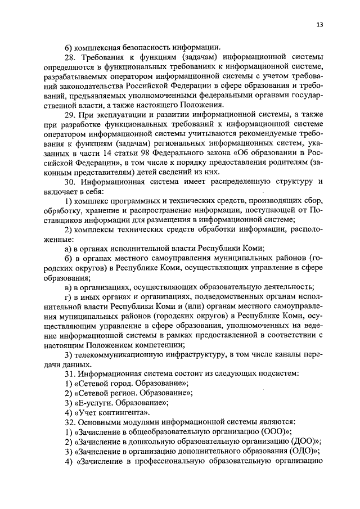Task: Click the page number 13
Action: click(319, 25)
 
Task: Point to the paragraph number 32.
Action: click(70, 421)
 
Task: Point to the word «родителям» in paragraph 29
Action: click(298, 163)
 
